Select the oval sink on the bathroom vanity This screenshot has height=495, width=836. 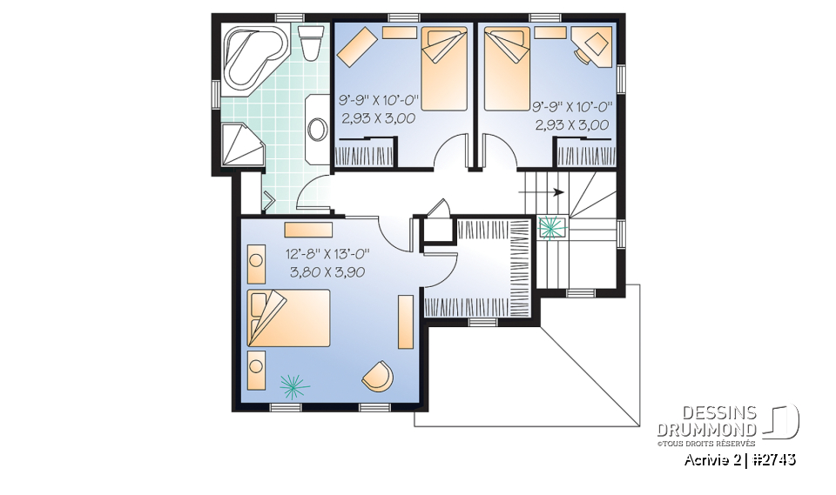(316, 130)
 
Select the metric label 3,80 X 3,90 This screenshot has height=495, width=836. (327, 271)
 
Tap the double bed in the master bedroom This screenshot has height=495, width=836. (289, 319)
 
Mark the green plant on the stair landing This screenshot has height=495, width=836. (550, 227)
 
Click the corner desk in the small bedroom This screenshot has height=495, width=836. (595, 45)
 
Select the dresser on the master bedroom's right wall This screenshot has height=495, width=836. (406, 322)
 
